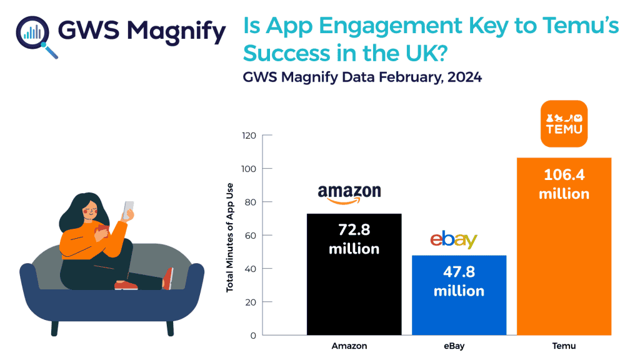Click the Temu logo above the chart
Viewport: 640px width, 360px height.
point(564,123)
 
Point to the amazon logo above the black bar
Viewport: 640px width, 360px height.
point(349,194)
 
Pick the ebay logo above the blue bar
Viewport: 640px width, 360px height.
point(454,240)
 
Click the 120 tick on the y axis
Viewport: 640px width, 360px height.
point(249,136)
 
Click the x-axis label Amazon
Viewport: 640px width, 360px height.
point(349,346)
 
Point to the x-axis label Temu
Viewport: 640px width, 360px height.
point(564,346)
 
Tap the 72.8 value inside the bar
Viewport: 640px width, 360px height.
point(354,229)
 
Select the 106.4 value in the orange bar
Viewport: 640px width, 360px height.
point(564,175)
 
